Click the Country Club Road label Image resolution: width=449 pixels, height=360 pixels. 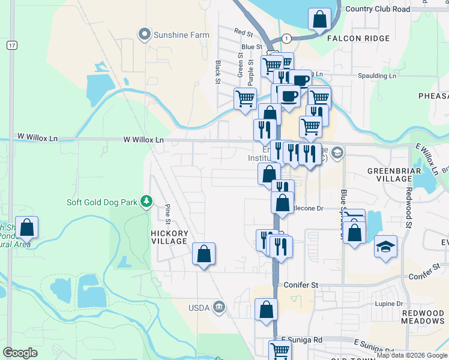pyautogui.click(x=386, y=9)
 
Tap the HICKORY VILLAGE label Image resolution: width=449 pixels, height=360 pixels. pyautogui.click(x=169, y=237)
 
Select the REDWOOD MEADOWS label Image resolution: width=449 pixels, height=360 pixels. pyautogui.click(x=424, y=318)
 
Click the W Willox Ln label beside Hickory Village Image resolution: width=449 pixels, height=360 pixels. pyautogui.click(x=143, y=139)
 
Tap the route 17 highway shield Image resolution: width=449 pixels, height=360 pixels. pyautogui.click(x=12, y=45)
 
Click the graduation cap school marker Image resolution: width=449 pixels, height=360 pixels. pyautogui.click(x=385, y=247)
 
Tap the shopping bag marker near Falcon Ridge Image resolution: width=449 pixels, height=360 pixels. pyautogui.click(x=319, y=19)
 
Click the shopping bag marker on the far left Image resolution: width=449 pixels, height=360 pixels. pyautogui.click(x=26, y=227)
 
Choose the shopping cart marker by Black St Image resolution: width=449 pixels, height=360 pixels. pyautogui.click(x=245, y=98)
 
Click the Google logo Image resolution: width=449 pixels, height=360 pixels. pyautogui.click(x=20, y=353)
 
